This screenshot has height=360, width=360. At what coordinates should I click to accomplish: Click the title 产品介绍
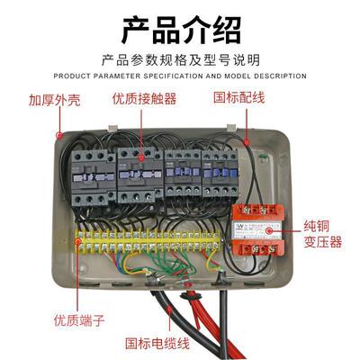pos(180,29)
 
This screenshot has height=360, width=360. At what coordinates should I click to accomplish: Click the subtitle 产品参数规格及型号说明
pos(180,61)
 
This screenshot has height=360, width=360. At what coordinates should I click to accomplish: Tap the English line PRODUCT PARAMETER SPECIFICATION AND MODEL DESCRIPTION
pos(180,76)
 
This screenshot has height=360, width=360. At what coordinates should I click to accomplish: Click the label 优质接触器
pos(144,99)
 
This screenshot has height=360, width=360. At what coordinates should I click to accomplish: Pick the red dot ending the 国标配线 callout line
pos(245,140)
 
